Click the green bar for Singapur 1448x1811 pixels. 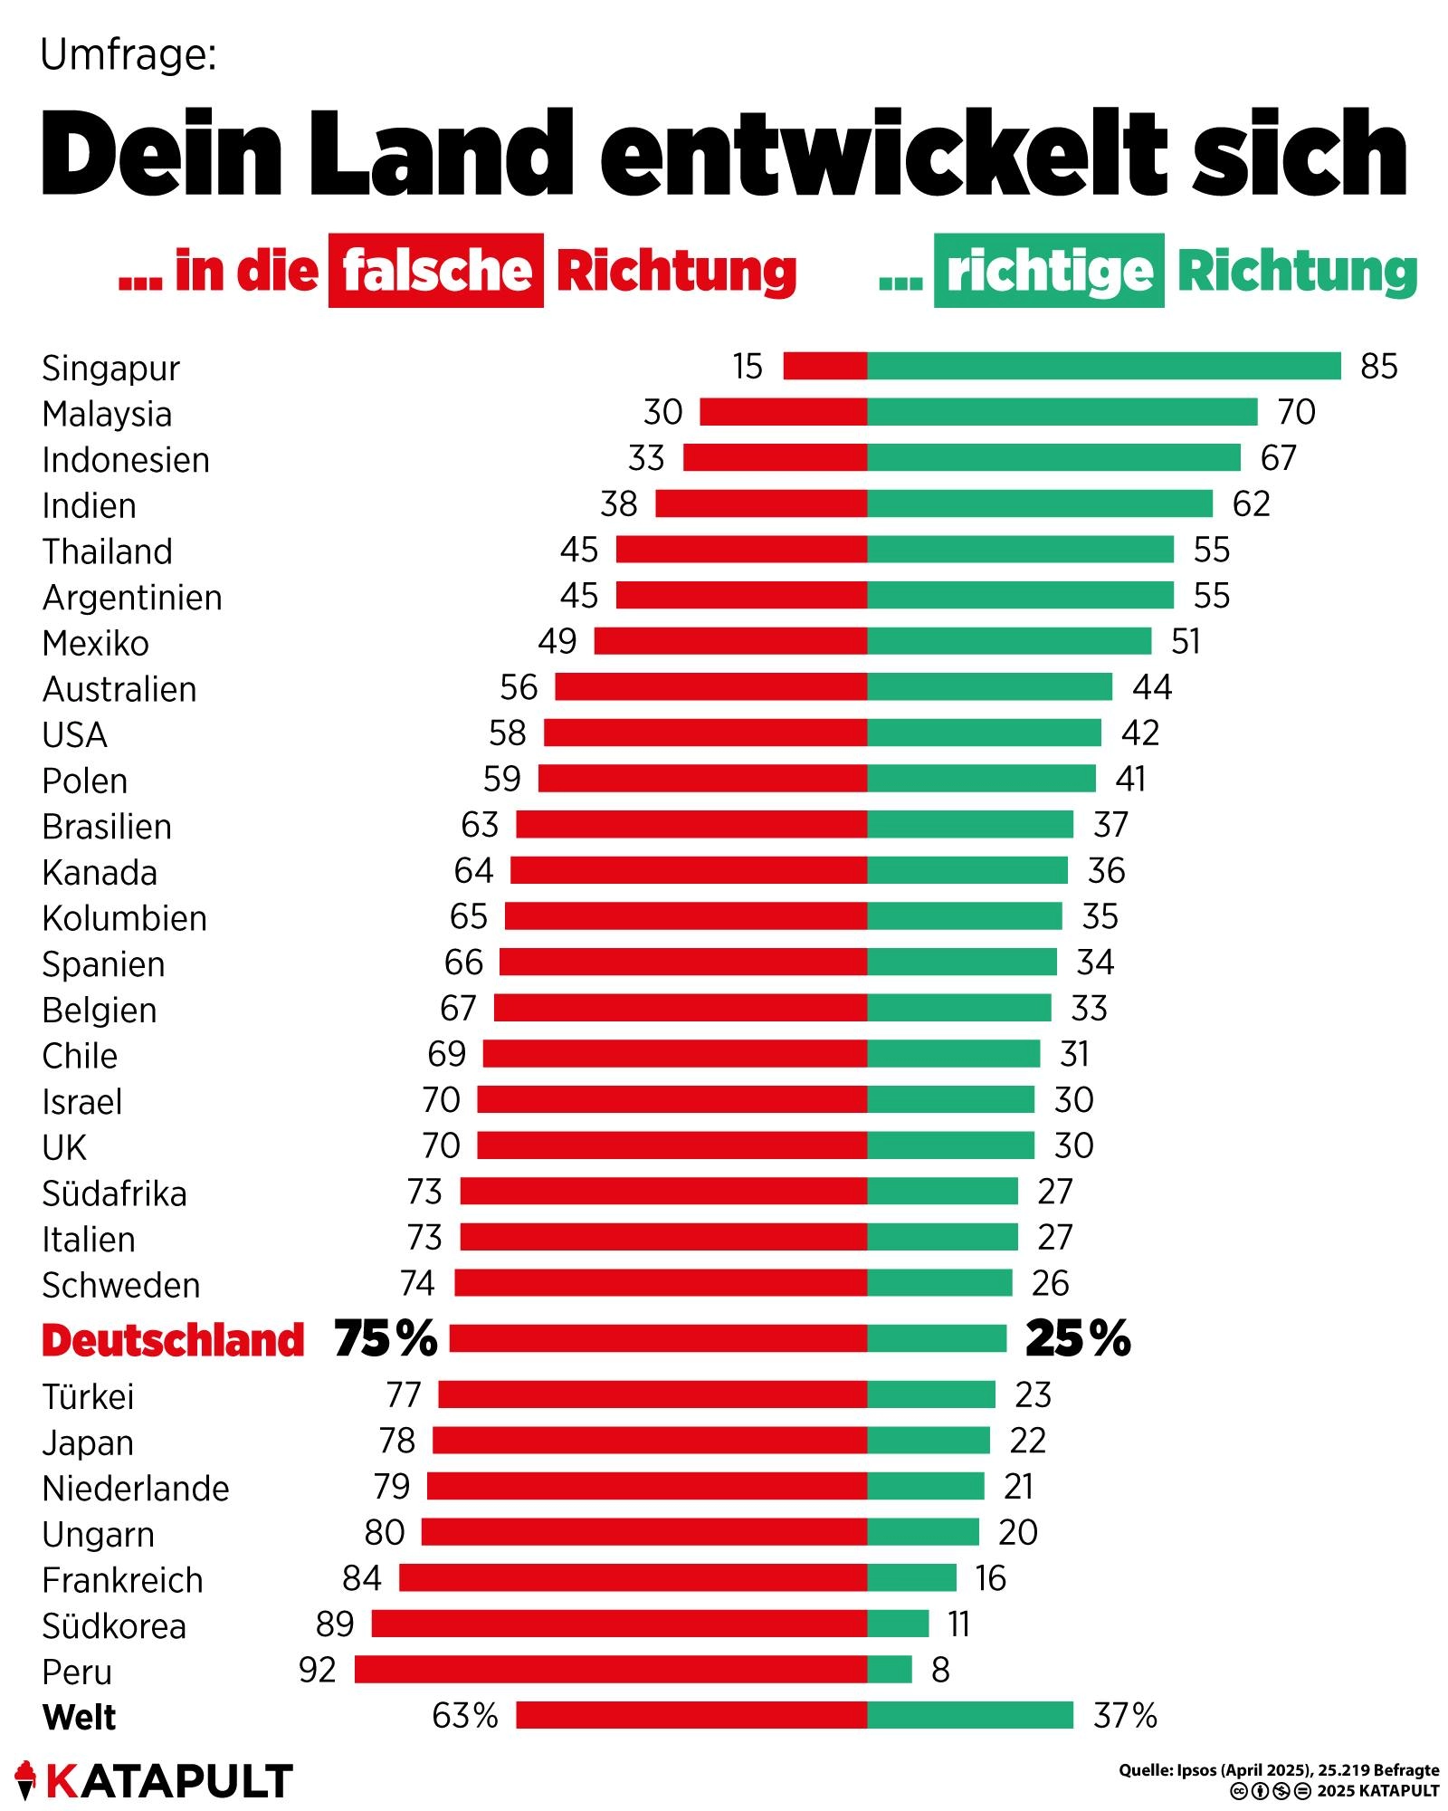1103,366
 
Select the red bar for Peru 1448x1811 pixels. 611,1669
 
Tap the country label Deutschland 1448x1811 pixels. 173,1339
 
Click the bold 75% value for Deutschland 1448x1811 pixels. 386,1338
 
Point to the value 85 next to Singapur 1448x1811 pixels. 1378,367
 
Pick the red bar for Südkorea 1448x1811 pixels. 619,1624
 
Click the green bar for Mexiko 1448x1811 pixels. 1009,641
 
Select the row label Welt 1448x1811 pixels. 80,1717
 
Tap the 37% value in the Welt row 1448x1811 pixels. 1125,1715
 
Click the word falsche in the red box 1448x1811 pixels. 436,271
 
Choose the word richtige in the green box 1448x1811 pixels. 1049,271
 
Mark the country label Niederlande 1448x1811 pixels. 136,1488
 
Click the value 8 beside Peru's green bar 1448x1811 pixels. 940,1670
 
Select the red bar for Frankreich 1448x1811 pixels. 633,1577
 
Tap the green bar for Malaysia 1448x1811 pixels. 1062,412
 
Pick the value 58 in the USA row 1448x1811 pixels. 507,733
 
